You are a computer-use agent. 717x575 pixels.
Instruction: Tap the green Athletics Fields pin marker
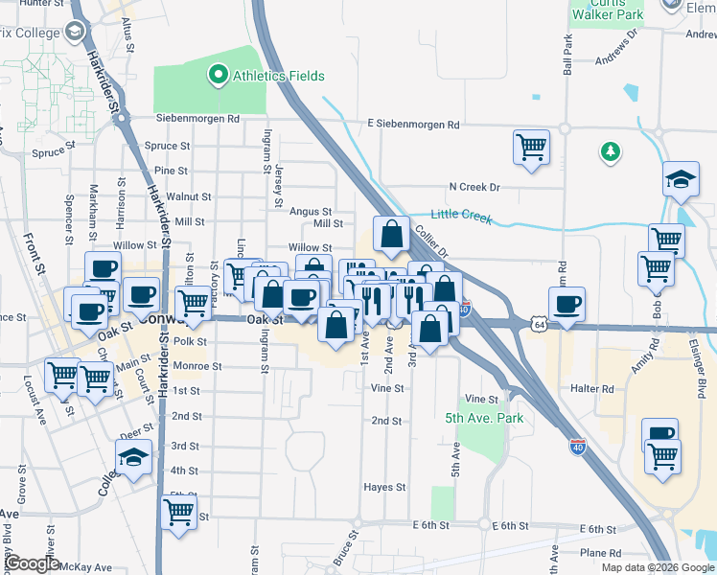(218, 75)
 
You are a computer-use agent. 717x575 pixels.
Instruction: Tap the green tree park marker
(608, 151)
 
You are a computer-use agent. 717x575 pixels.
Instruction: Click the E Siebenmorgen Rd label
(413, 125)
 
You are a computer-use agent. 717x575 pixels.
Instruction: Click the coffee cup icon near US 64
(566, 306)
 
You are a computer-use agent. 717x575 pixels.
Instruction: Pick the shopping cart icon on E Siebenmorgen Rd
(531, 148)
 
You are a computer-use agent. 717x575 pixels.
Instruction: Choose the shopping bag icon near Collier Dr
(391, 234)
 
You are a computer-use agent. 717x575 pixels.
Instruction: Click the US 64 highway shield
(540, 325)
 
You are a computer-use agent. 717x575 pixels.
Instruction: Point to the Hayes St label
(384, 488)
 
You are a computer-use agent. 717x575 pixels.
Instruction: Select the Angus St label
(311, 212)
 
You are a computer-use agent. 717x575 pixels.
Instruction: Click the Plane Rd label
(601, 553)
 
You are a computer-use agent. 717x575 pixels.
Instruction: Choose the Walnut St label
(188, 196)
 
